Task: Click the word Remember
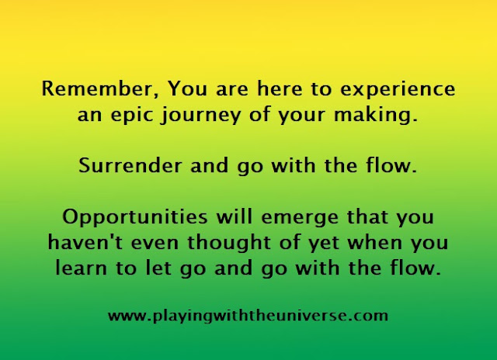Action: coord(100,88)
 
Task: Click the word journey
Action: coord(200,116)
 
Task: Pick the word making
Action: coord(376,116)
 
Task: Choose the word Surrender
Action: coord(130,165)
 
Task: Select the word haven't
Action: coord(85,242)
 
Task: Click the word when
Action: coord(375,242)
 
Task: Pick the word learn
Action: coord(81,268)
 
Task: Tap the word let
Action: coord(158,268)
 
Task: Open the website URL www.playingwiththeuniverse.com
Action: coord(248,317)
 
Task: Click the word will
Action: coord(235,216)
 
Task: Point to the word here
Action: coord(280,88)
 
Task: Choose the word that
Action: coord(367,216)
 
